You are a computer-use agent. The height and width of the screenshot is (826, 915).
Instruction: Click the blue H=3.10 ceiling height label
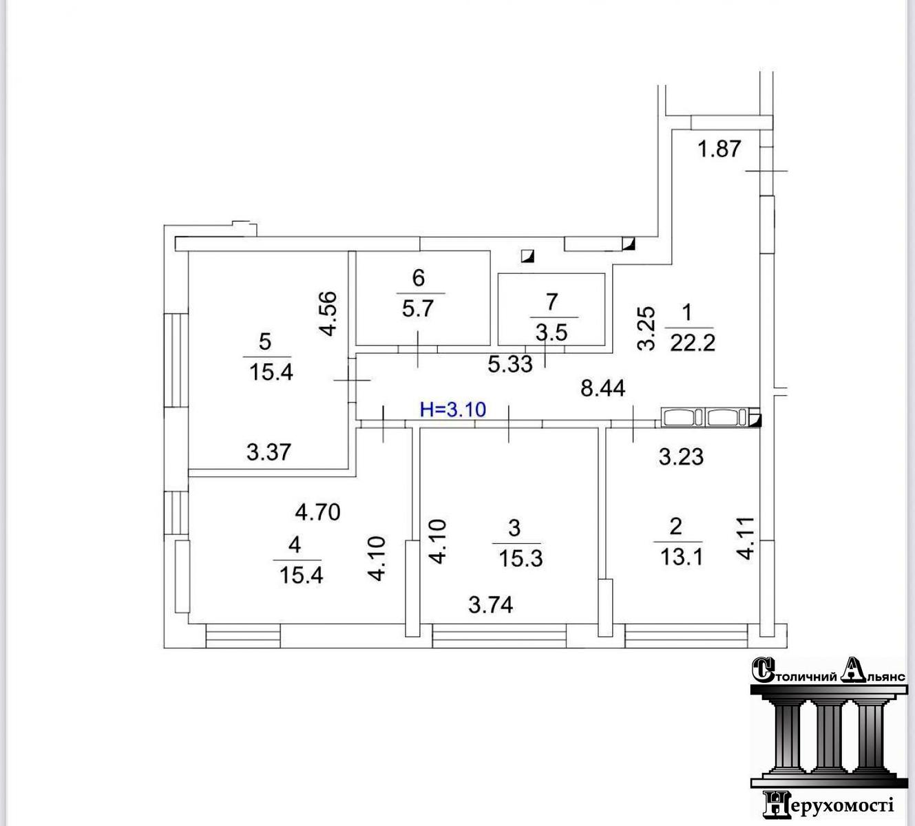click(x=453, y=410)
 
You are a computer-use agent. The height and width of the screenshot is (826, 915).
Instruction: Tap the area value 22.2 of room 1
click(x=693, y=343)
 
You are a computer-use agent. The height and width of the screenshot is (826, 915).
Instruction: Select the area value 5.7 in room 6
click(x=417, y=309)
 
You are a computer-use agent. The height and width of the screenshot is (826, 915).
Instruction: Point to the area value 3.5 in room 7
click(x=551, y=333)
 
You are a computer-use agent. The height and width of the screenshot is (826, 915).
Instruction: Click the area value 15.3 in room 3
click(x=521, y=559)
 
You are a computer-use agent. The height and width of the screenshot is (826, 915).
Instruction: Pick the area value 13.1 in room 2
click(x=682, y=558)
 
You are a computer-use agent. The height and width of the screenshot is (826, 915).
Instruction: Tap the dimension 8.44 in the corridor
click(x=602, y=389)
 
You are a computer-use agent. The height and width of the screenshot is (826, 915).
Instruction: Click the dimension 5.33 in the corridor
click(x=510, y=364)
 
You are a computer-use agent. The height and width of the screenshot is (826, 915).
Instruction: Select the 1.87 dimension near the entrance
click(x=719, y=149)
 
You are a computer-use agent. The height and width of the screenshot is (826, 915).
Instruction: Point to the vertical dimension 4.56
click(x=328, y=314)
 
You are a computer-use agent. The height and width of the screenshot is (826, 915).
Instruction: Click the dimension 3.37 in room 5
click(x=269, y=452)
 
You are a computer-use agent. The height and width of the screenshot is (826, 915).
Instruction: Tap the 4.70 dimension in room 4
click(x=317, y=512)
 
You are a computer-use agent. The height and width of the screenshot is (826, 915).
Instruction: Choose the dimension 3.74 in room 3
click(x=491, y=605)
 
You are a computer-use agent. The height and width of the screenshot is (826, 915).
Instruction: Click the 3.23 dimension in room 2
click(x=681, y=457)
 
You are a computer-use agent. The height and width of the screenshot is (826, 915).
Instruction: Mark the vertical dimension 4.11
click(x=746, y=538)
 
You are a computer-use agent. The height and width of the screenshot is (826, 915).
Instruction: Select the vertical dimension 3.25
click(x=646, y=328)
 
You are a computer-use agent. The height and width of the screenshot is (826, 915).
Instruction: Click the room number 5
click(x=265, y=341)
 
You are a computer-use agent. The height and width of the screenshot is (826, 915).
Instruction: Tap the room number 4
click(x=295, y=544)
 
